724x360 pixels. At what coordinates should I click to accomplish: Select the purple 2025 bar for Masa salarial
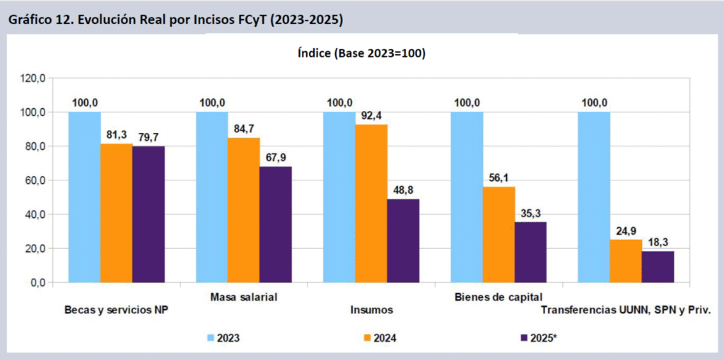click(x=276, y=224)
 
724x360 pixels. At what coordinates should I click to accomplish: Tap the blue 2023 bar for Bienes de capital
click(x=467, y=197)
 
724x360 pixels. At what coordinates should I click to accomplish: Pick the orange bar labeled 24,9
click(x=626, y=261)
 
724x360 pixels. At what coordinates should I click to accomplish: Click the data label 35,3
click(x=530, y=213)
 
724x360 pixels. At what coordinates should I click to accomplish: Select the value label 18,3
click(x=658, y=242)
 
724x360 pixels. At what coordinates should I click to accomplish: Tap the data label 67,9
click(x=276, y=158)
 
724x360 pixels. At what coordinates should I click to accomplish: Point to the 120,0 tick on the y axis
click(x=33, y=78)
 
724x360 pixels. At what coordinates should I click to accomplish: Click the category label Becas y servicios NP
click(x=115, y=310)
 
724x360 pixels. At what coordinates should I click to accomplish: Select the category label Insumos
click(x=372, y=310)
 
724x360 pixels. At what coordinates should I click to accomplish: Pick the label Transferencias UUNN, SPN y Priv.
click(x=625, y=310)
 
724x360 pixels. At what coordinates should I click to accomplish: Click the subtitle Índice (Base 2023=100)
click(x=361, y=53)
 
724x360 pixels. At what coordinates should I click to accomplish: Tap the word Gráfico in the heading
click(x=28, y=20)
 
